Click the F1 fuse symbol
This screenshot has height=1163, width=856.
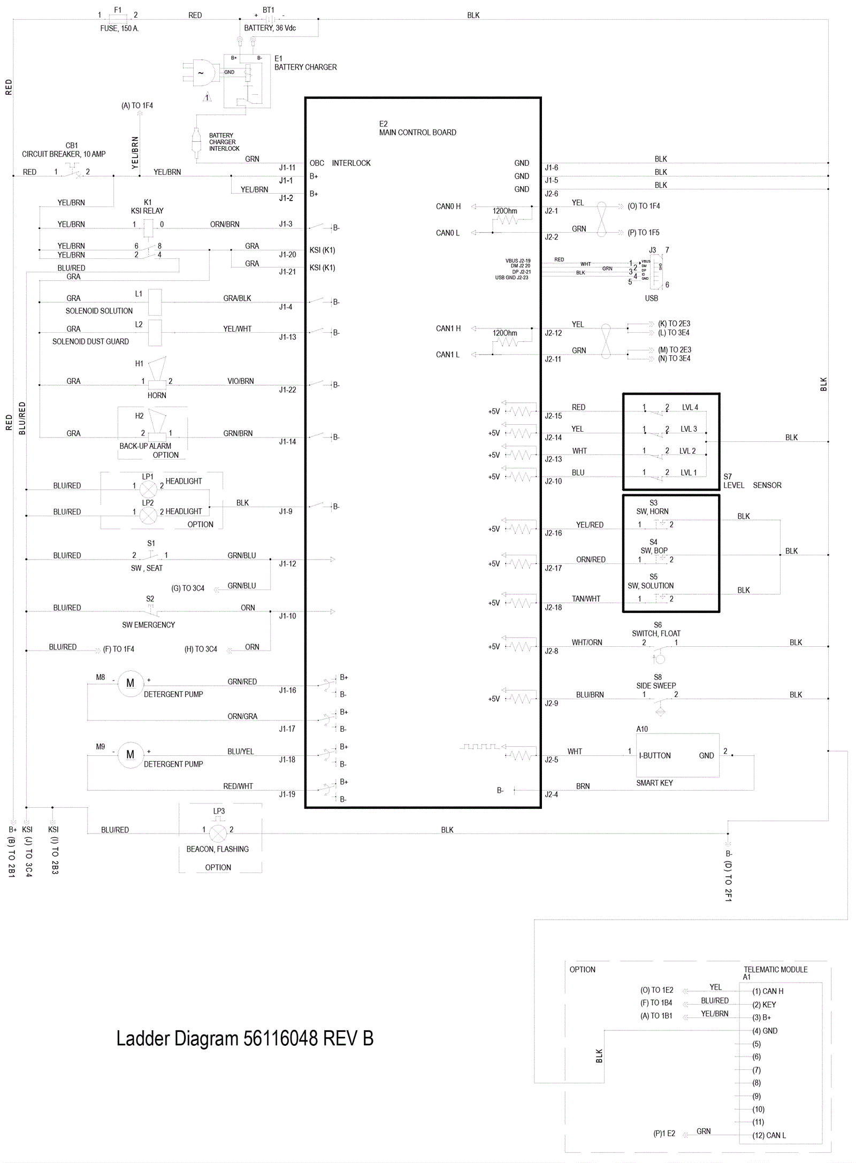(118, 19)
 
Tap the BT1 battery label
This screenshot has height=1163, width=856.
(268, 10)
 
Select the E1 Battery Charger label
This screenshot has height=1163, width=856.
(305, 63)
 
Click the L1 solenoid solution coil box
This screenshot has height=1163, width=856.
(155, 302)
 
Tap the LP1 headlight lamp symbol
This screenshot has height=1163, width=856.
(148, 488)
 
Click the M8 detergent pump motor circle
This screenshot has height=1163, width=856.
(130, 683)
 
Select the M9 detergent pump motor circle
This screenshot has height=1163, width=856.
(130, 754)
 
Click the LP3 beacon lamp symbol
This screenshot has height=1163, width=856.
(218, 833)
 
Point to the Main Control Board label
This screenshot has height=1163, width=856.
(417, 132)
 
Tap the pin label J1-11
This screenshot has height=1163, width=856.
(287, 167)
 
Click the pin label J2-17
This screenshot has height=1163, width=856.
(553, 568)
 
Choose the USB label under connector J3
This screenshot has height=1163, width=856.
(651, 298)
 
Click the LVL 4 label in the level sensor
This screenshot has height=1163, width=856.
(690, 407)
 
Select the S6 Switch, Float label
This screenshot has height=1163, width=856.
(656, 629)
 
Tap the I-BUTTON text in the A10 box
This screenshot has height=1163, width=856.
(654, 755)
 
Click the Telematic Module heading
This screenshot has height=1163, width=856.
(775, 969)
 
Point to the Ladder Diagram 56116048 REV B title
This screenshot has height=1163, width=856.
(244, 1038)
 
